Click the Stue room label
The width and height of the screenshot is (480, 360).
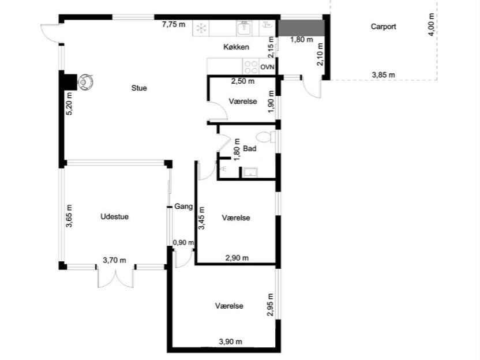(139, 88)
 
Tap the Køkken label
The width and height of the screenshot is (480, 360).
(236, 47)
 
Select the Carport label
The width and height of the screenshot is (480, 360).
(383, 27)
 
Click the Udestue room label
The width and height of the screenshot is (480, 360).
(114, 217)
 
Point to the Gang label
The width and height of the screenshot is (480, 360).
(183, 207)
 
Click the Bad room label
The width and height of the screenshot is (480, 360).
(249, 149)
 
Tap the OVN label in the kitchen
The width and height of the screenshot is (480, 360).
(267, 67)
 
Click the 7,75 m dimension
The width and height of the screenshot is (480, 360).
(174, 24)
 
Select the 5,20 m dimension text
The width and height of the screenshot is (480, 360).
(69, 103)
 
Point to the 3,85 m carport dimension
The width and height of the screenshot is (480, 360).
(383, 74)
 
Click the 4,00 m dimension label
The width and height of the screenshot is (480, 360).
(431, 25)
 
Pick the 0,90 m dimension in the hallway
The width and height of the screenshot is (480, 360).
(183, 243)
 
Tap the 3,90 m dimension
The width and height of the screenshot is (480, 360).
(231, 342)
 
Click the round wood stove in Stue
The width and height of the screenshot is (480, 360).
(85, 82)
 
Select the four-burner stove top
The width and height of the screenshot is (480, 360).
(251, 67)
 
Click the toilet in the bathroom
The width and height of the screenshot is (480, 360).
(265, 137)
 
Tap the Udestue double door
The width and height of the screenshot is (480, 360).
(115, 277)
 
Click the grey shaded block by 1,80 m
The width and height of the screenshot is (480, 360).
(301, 28)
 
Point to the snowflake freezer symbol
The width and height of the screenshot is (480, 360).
(201, 28)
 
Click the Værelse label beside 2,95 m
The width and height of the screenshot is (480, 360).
(229, 306)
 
